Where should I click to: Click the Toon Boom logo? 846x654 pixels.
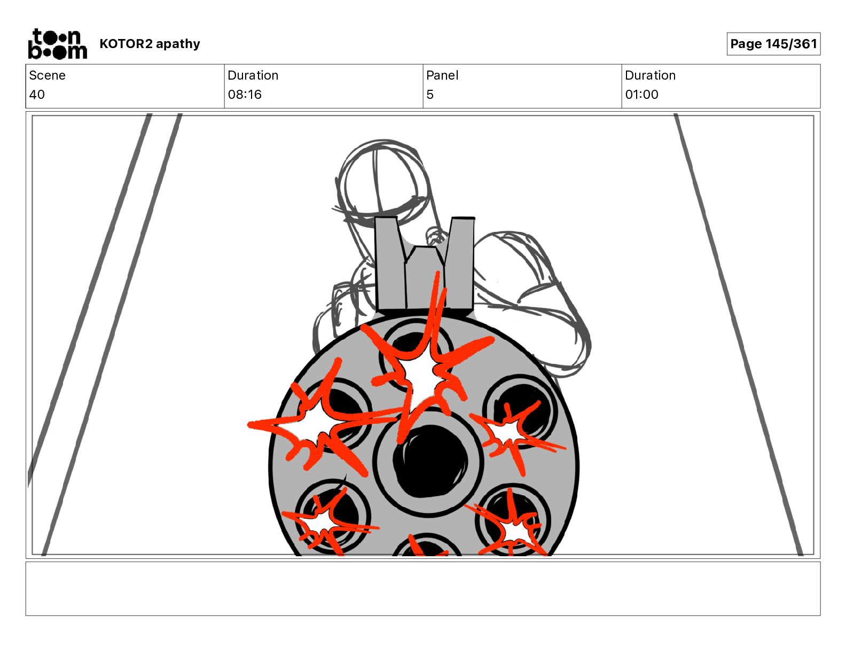[58, 44]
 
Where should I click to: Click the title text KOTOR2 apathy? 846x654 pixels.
[150, 44]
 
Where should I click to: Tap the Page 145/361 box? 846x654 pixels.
[773, 44]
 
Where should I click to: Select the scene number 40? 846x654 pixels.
[37, 94]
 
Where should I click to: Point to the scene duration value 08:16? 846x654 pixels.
[245, 94]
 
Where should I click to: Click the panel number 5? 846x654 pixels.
[430, 94]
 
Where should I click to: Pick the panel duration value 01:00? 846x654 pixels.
[641, 94]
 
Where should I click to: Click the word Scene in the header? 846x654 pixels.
[47, 75]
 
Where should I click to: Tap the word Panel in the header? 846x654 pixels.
[442, 75]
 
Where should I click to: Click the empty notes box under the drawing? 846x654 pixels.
[423, 589]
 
